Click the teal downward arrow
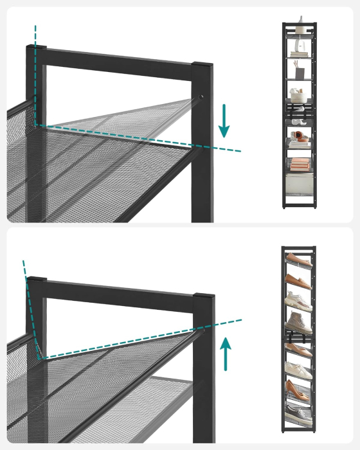click(224, 121)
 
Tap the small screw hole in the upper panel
click(202, 96)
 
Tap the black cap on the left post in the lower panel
click(37, 282)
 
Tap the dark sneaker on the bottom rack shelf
click(300, 412)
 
